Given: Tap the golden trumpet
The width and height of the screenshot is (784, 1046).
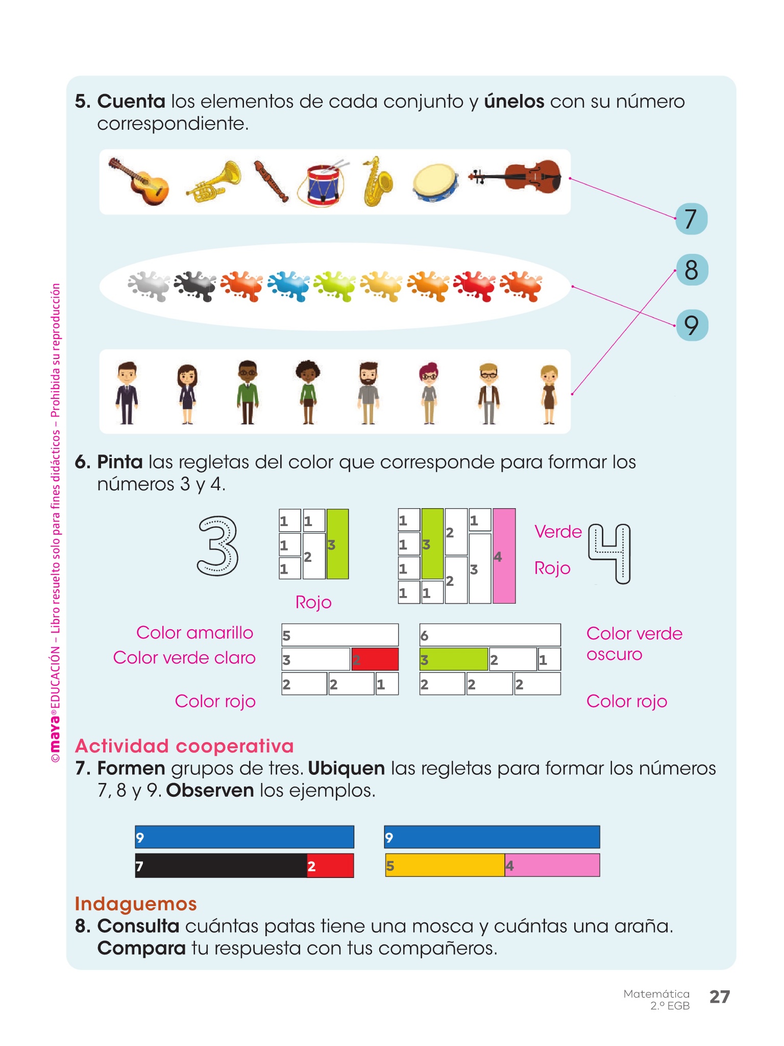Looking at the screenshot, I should [x=214, y=182].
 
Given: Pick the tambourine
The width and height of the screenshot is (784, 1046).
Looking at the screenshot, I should [x=435, y=183].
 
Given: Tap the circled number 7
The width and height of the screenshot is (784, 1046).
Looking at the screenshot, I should [x=691, y=219].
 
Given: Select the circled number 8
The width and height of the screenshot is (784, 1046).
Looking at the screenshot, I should [x=692, y=270].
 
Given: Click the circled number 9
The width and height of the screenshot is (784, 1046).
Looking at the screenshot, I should [x=692, y=325].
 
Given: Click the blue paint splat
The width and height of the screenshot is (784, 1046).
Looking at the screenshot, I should [x=288, y=286].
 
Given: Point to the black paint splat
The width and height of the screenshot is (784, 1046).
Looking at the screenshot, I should [x=195, y=286].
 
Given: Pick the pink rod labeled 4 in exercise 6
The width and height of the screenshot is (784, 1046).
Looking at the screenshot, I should [x=504, y=556].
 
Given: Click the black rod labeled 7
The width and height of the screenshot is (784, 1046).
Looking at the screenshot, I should [x=220, y=866].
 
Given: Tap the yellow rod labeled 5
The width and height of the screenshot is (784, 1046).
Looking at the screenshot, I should [x=445, y=866].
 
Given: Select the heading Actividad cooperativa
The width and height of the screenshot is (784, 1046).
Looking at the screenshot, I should [x=184, y=746].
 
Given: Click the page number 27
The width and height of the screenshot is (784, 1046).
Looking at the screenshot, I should [x=720, y=996].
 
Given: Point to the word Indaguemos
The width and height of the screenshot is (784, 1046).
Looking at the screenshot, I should [x=136, y=904].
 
